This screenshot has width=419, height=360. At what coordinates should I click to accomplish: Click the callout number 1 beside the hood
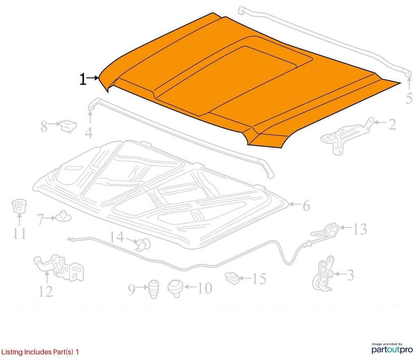pos(83,79)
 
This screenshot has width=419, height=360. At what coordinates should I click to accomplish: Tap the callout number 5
pos(409,98)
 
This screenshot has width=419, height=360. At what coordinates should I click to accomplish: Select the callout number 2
pos(392,125)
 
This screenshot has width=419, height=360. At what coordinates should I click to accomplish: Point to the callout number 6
pos(306,206)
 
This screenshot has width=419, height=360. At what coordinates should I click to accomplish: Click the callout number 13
pos(360,229)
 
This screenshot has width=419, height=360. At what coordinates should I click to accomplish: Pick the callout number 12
pos(46,291)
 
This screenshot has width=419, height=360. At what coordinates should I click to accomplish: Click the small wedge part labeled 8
pos(68,126)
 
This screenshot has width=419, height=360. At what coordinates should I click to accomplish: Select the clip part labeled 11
pos(19,206)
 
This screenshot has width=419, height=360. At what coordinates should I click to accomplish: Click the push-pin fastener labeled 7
pos(63,216)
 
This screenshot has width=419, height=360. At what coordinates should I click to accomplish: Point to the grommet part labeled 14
pos(144,244)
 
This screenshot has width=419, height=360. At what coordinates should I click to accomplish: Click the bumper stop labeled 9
pos(153,289)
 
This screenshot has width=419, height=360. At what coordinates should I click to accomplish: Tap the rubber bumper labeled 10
pos(175,288)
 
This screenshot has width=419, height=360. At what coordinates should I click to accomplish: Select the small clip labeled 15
pos(232,278)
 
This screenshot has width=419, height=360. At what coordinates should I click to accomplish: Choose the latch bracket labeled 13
pos(331,230)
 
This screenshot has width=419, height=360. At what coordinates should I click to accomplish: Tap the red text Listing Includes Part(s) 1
pos(40,352)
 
